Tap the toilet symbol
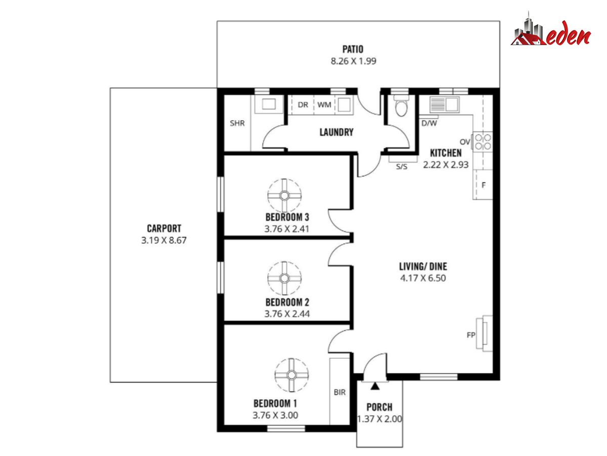coord(401,105)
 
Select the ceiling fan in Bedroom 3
coord(284,196)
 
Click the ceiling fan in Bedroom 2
coord(284,278)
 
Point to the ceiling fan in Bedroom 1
coord(291,375)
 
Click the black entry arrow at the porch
coord(375,386)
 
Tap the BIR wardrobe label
coord(339,392)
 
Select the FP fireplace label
coord(470,335)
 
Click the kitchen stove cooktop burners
coord(483,142)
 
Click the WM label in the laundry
coord(324,105)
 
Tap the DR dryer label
coord(303,105)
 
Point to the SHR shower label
coord(237,123)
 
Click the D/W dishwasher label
coord(429,123)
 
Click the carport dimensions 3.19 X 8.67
coord(164,240)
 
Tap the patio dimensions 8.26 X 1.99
coord(354,61)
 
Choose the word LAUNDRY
coord(336,132)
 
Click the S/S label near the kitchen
coord(402,167)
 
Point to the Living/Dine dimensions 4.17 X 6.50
coord(423,278)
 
